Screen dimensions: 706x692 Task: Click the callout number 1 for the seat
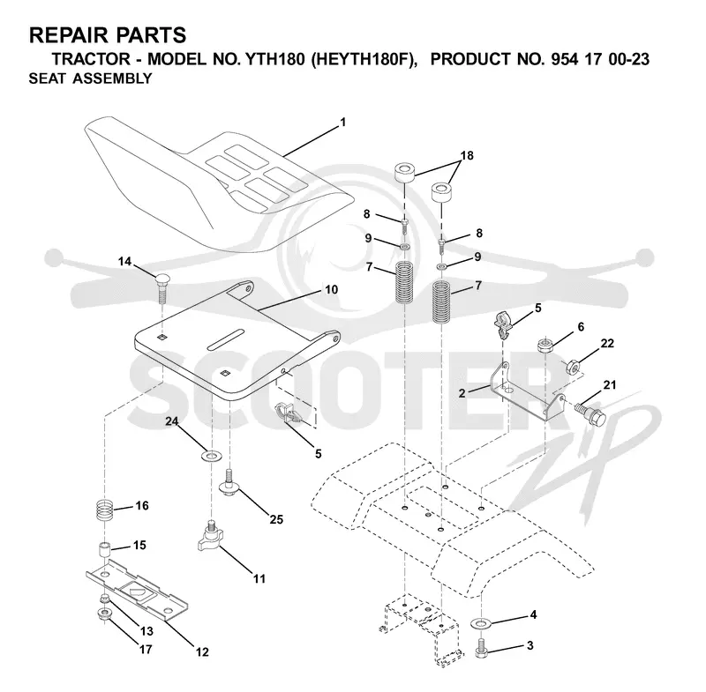pos(343,123)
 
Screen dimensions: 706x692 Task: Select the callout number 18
pos(467,155)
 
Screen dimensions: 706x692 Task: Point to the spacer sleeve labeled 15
pos(105,551)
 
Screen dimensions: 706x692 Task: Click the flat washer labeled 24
pos(211,456)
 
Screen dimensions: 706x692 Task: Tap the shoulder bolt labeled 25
pos(229,482)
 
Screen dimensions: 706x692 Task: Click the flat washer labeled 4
pos(481,623)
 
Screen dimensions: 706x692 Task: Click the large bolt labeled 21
pos(590,413)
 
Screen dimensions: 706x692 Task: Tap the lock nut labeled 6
pos(545,345)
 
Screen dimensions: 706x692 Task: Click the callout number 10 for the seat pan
pos(332,290)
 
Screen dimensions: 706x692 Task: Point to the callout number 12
pos(202,652)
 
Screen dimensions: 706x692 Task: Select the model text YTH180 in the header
pos(274,59)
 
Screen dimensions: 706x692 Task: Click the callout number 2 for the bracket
pos(462,393)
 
